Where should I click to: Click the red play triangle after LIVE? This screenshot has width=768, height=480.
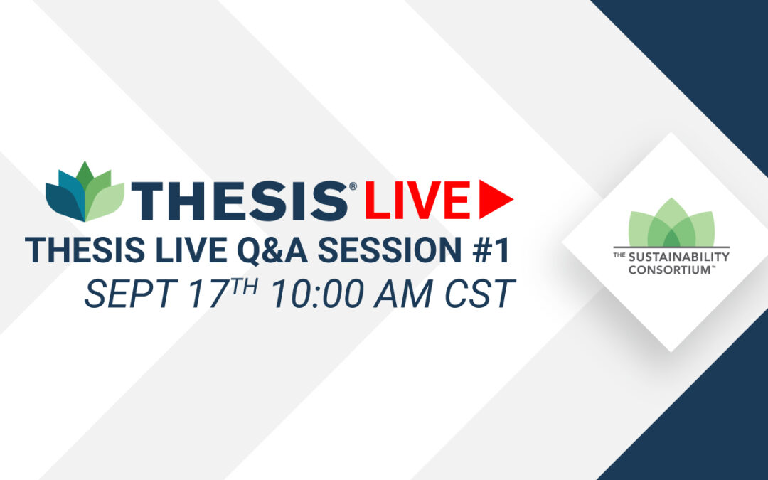pyautogui.click(x=494, y=199)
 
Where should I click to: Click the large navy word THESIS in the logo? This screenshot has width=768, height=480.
pyautogui.click(x=240, y=201)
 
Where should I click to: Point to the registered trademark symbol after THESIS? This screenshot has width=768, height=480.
pyautogui.click(x=353, y=186)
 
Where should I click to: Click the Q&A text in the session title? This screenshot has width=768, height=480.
pyautogui.click(x=272, y=250)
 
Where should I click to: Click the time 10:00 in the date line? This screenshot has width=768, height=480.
pyautogui.click(x=319, y=294)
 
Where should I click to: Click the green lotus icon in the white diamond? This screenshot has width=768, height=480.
pyautogui.click(x=671, y=223)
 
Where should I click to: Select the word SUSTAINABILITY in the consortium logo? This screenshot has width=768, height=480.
pyautogui.click(x=679, y=257)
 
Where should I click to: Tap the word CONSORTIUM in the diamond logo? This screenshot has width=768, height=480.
pyautogui.click(x=669, y=270)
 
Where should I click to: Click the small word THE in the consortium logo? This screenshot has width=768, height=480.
pyautogui.click(x=619, y=255)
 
